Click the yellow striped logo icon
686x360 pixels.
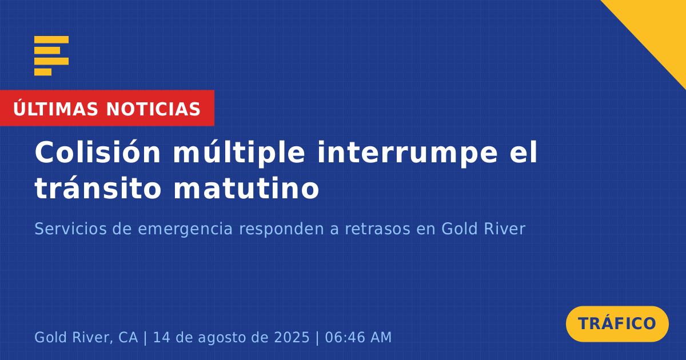tap(51, 56)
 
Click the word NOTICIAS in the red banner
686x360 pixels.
tap(153, 109)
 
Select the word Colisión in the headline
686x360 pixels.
tap(98, 152)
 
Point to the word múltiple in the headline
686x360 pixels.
tap(239, 153)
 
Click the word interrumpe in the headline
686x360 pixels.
tap(407, 153)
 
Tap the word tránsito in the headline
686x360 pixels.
tap(98, 187)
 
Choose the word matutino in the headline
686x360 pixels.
tap(246, 187)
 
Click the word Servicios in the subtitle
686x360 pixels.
tap(70, 229)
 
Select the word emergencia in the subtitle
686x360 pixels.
tap(185, 230)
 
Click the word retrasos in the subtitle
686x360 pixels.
tap(378, 229)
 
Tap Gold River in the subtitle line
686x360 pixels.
tap(483, 229)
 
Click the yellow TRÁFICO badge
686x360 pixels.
tap(617, 324)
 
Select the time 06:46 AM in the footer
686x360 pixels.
tap(358, 337)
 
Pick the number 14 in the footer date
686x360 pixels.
tap(159, 337)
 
